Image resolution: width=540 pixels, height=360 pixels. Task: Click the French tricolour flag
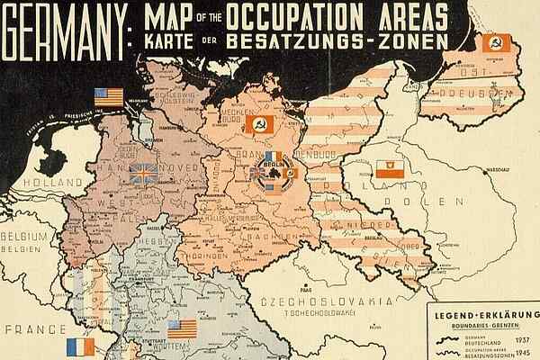(x=80, y=346)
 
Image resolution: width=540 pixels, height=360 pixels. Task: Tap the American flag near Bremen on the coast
(x=106, y=97)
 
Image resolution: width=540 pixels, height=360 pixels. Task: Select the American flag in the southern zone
(x=181, y=329)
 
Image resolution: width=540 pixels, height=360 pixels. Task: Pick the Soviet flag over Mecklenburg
(x=260, y=124)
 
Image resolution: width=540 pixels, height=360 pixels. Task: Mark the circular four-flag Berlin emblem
(x=273, y=171)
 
